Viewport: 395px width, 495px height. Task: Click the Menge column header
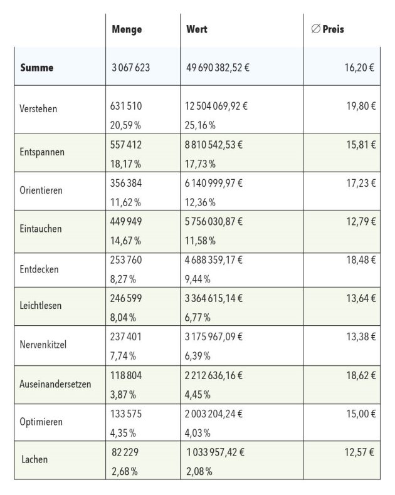point(127,29)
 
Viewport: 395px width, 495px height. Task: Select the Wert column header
point(197,29)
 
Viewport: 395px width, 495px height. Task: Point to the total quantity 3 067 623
point(131,68)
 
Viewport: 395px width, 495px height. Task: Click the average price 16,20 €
point(360,68)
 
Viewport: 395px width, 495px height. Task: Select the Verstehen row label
point(39,108)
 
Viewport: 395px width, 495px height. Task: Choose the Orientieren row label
point(41,190)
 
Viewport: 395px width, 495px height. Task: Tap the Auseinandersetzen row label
point(56,383)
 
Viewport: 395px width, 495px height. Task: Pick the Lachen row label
point(34,459)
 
